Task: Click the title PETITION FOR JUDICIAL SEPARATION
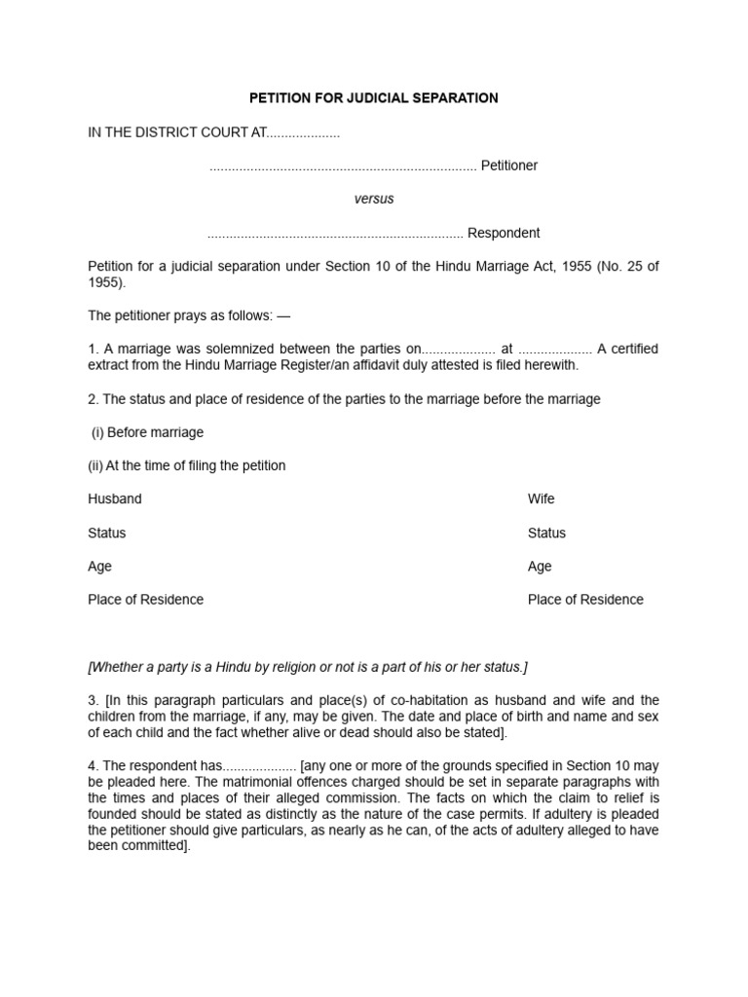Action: [374, 98]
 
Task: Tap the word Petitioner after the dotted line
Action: [509, 166]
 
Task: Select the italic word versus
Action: [374, 199]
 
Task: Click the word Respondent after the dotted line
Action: [504, 233]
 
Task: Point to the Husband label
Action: [115, 498]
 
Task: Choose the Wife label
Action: [542, 498]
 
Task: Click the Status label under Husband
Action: [107, 533]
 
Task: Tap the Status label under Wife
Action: [546, 533]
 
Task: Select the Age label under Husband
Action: [100, 566]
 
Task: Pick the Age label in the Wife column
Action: [540, 566]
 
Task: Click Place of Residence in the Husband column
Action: [146, 600]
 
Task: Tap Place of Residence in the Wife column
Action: [585, 600]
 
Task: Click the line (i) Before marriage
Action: [147, 432]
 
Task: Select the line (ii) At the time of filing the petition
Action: [187, 465]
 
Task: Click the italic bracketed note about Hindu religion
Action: [308, 667]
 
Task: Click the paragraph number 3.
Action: [93, 700]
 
